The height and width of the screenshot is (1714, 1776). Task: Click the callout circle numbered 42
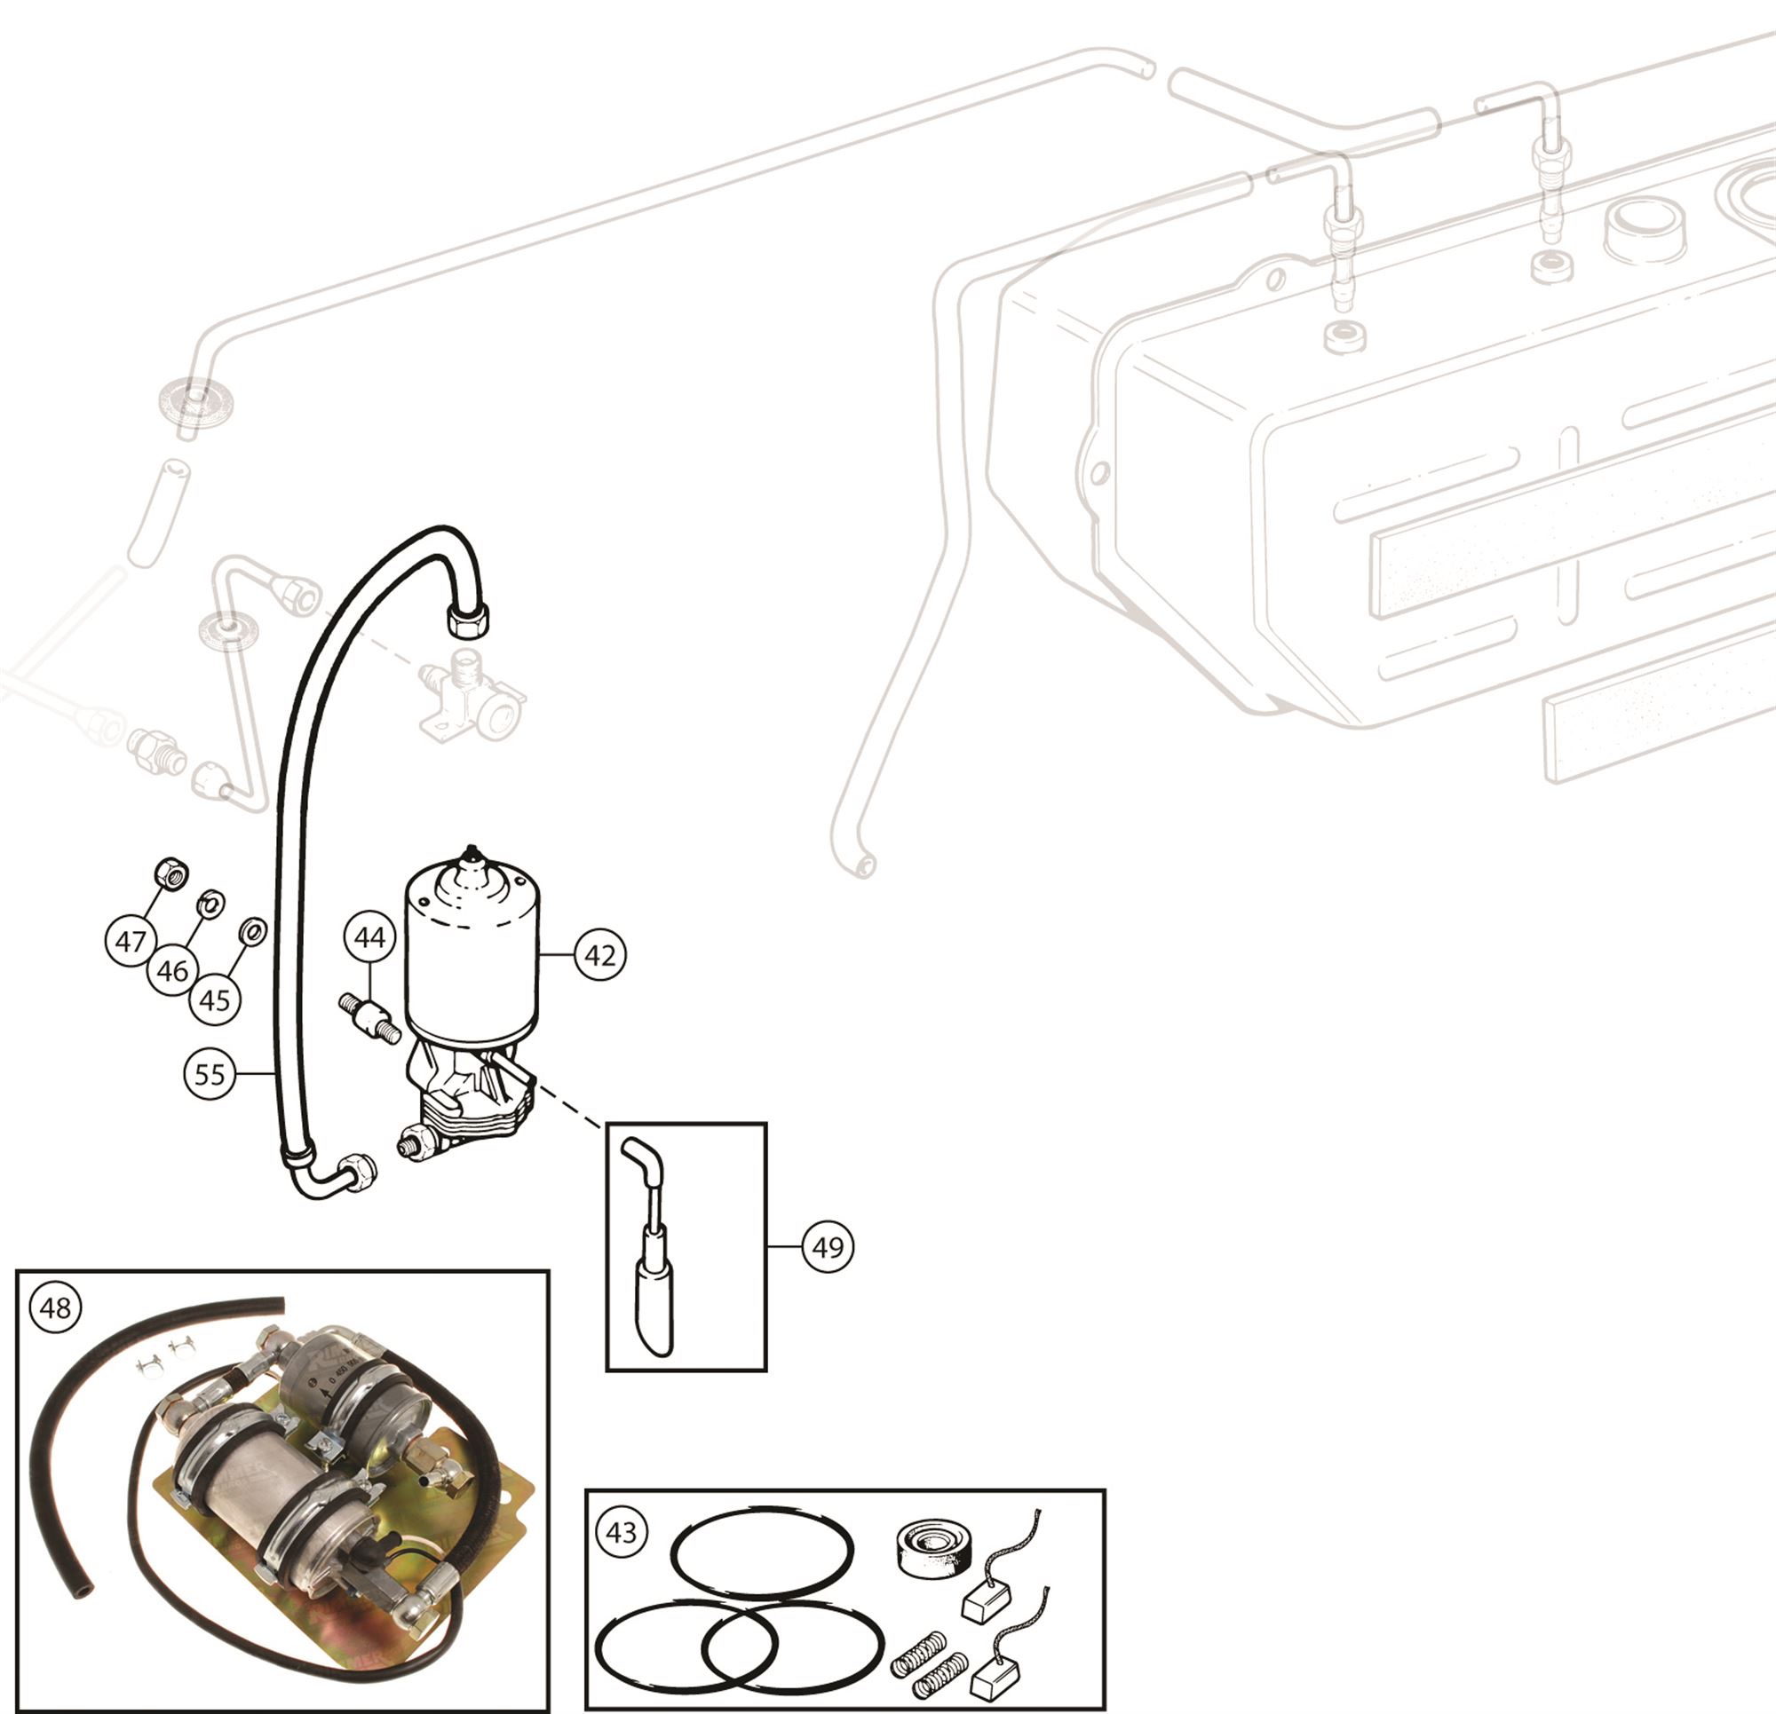[x=600, y=955]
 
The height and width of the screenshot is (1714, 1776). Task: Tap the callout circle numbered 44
[x=369, y=937]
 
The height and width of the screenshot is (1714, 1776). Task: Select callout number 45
[x=215, y=1000]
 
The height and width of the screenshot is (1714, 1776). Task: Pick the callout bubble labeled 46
[x=172, y=971]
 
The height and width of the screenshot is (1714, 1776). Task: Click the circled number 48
[x=55, y=1308]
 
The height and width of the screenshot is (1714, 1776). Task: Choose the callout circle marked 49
[x=828, y=1247]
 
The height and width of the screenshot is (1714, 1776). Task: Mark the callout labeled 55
[x=210, y=1074]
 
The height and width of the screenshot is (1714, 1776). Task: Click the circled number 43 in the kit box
[x=621, y=1533]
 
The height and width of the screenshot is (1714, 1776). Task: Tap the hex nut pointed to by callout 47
[x=170, y=873]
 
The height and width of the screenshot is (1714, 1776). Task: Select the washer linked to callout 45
[x=252, y=929]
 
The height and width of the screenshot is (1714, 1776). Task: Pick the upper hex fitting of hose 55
[x=468, y=620]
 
